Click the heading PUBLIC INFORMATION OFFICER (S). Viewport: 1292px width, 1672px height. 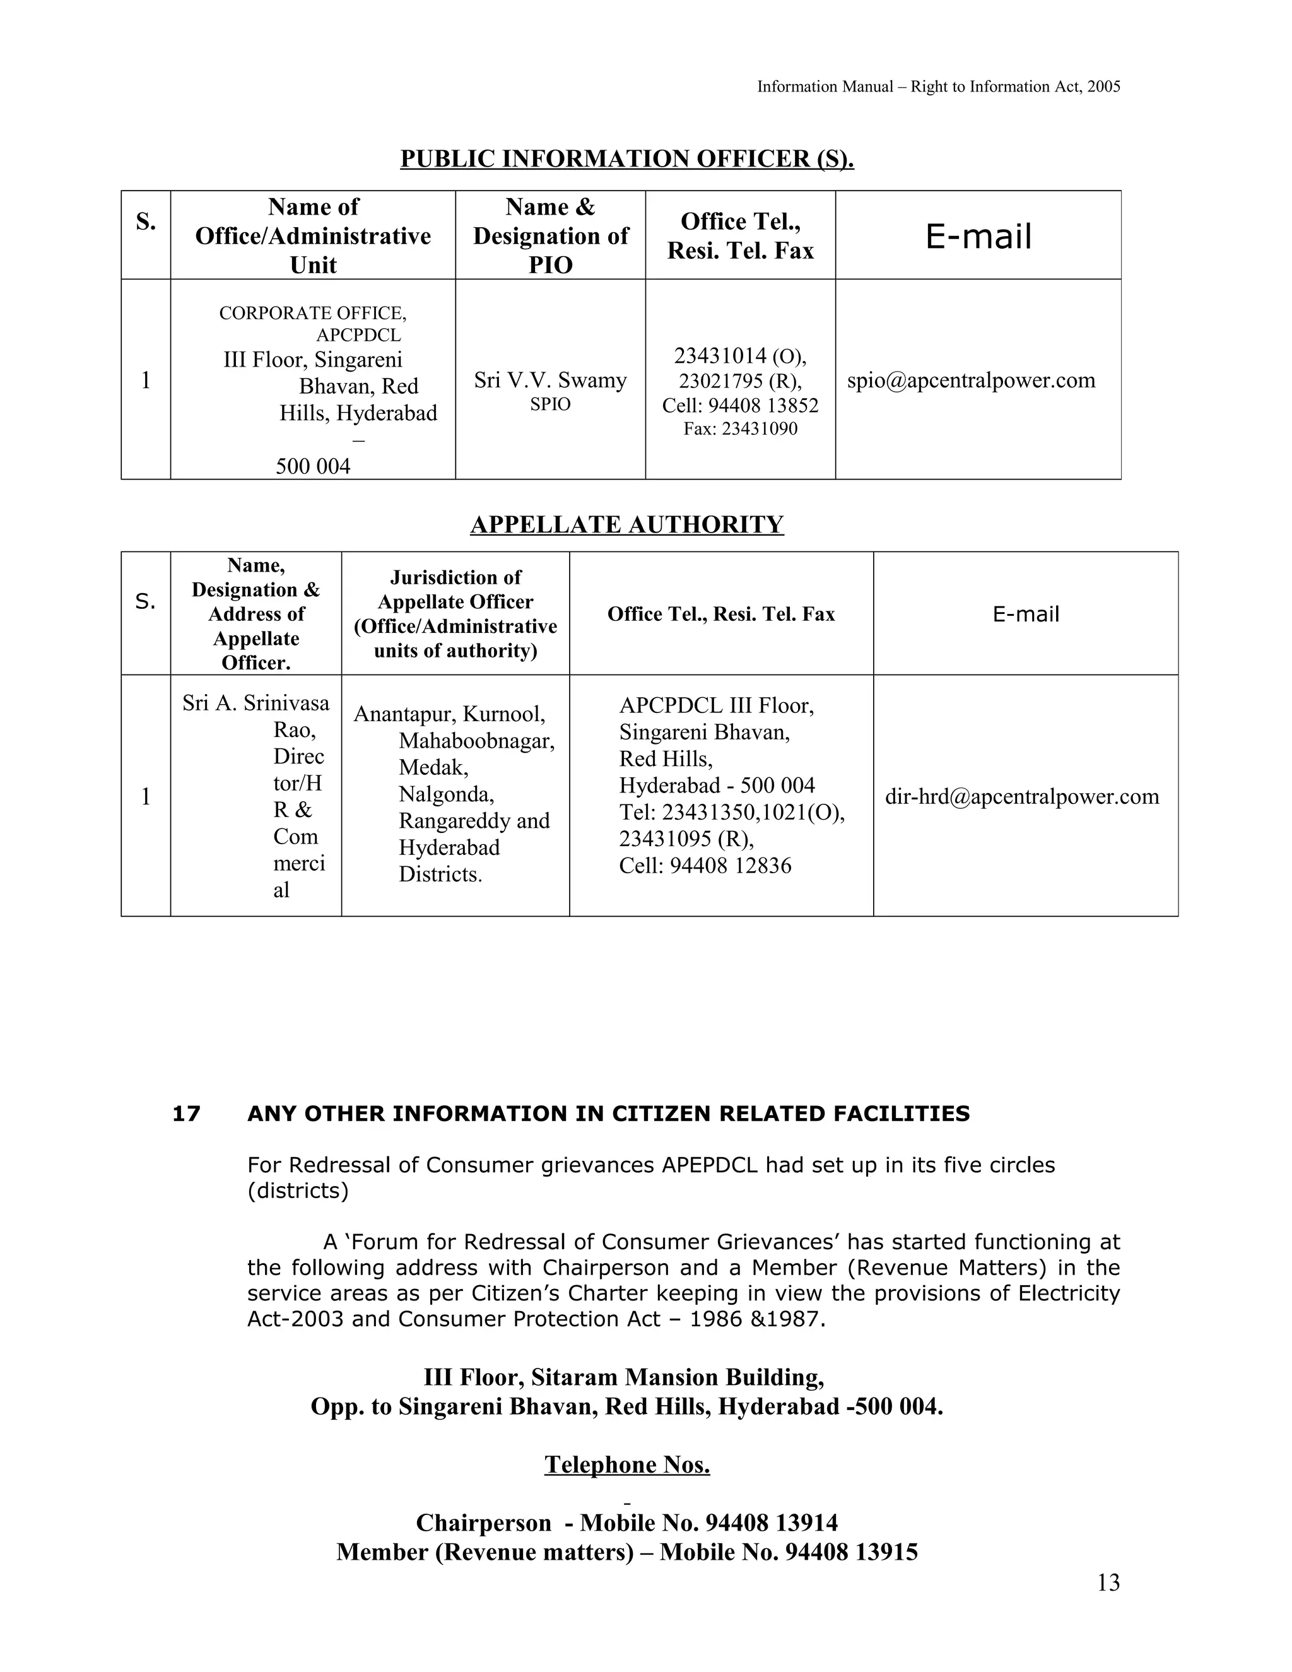tap(627, 158)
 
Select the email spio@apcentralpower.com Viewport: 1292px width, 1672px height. tap(970, 380)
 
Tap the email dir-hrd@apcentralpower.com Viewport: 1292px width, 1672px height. tap(1022, 796)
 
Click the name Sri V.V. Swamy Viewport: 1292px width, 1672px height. tap(549, 380)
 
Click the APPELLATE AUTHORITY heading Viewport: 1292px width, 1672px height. tap(627, 524)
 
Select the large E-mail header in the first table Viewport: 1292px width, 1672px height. tap(978, 236)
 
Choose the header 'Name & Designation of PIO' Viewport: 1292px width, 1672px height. tap(550, 235)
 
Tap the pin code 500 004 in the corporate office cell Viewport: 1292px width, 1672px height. tap(313, 466)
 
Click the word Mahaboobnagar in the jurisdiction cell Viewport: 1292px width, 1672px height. tap(476, 740)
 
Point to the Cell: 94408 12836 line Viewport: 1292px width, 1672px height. tap(705, 866)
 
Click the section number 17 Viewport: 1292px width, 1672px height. tap(186, 1114)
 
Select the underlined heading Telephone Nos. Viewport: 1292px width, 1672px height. tap(627, 1464)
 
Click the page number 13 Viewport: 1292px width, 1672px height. tap(1108, 1582)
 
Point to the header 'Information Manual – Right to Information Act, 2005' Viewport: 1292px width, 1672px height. tap(938, 86)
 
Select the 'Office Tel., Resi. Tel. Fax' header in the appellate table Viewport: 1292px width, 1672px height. tap(721, 614)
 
